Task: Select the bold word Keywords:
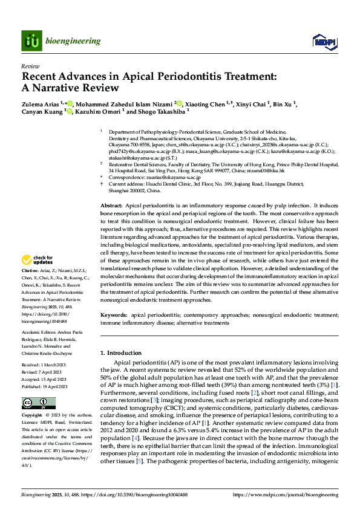click(114, 316)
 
